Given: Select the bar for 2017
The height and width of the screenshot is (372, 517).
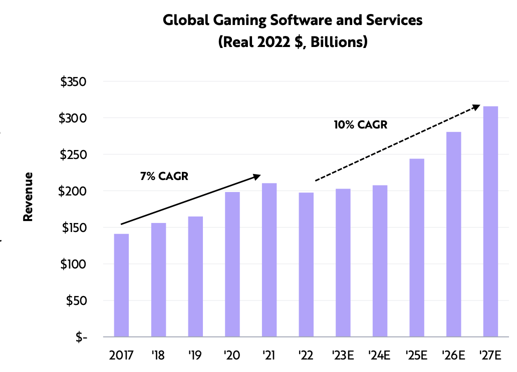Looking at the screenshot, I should pos(121,285).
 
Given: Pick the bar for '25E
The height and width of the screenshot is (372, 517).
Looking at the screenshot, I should pos(417,247).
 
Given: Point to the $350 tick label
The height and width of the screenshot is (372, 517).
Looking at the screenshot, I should pos(73,82).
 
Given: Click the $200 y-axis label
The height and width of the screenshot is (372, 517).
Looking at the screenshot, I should pos(73,191).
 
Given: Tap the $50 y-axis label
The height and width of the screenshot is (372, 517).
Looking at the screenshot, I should pos(77,301).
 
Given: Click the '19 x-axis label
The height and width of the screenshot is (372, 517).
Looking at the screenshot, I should pos(195,355).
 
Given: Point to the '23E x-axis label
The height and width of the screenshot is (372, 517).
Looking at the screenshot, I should pos(343,355).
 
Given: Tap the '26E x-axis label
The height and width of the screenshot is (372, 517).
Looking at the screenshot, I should pos(453,355).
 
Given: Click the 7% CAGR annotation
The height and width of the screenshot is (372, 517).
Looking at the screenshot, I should pos(164,176).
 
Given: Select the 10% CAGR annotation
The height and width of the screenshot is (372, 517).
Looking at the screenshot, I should pos(361,124).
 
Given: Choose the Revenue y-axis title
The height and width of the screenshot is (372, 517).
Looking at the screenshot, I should pos(29,196).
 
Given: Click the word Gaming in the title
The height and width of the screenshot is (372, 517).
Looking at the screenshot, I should pos(233,20).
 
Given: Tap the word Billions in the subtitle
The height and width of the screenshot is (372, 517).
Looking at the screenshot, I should pos(337,42).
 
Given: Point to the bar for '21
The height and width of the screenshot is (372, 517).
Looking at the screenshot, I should pos(269,260).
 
